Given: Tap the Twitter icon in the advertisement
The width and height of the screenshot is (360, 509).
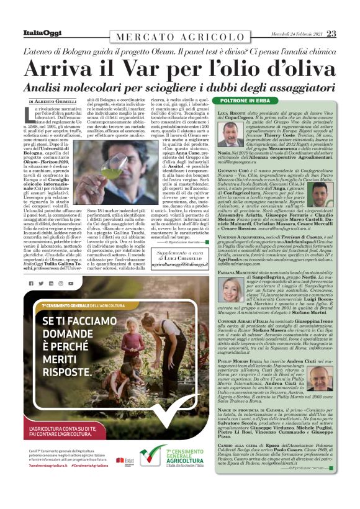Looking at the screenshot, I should (x=50, y=284).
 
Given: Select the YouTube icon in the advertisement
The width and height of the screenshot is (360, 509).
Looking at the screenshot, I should (x=71, y=284).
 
